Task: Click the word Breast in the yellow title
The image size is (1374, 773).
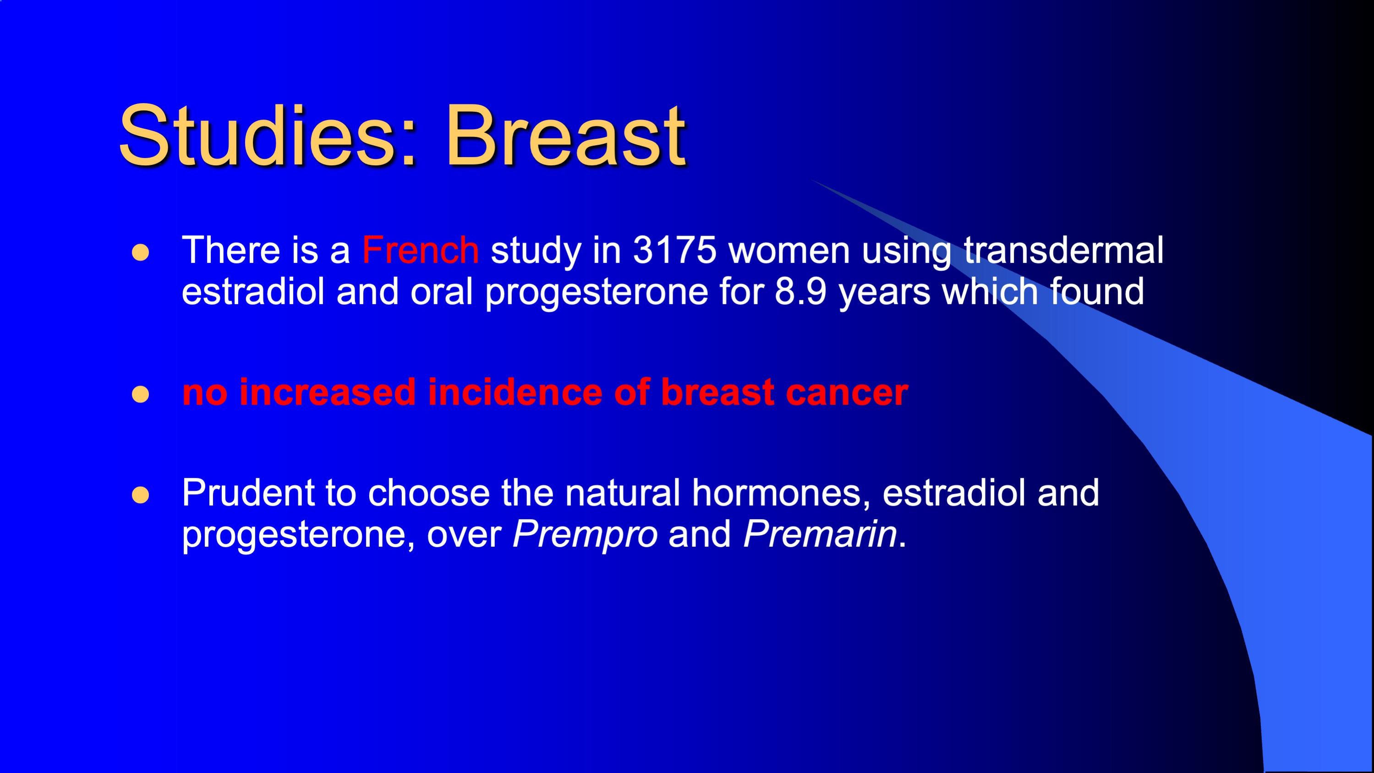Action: point(565,136)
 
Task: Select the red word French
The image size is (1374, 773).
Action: point(420,250)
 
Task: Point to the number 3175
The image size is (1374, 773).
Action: point(675,250)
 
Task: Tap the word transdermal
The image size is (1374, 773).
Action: point(1064,250)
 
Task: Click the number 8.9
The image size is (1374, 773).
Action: point(800,292)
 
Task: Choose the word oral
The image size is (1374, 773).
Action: point(442,291)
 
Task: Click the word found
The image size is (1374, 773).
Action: point(1097,291)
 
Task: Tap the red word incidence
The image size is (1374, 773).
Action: point(514,392)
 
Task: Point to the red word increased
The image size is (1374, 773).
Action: point(328,392)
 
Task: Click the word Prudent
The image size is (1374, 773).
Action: point(248,493)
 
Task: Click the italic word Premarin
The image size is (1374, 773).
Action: point(820,534)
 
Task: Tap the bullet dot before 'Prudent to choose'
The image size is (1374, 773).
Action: point(140,495)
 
